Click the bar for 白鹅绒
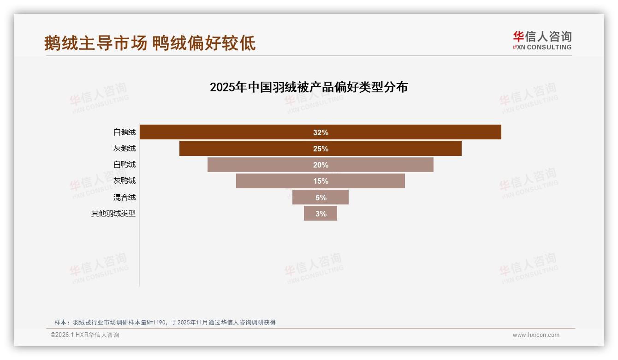click(x=231, y=132)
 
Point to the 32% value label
click(x=321, y=132)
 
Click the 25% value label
click(x=321, y=149)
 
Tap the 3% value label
click(x=321, y=214)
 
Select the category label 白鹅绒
click(x=125, y=132)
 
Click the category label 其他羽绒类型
click(x=113, y=213)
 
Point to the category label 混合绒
click(x=125, y=197)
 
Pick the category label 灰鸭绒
click(x=125, y=181)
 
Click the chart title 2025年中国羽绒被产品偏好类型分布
click(x=309, y=87)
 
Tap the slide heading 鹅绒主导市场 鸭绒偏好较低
click(x=150, y=43)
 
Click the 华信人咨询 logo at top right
click(x=542, y=40)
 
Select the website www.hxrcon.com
click(x=536, y=335)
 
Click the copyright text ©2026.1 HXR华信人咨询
click(x=85, y=335)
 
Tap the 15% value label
click(x=321, y=181)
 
